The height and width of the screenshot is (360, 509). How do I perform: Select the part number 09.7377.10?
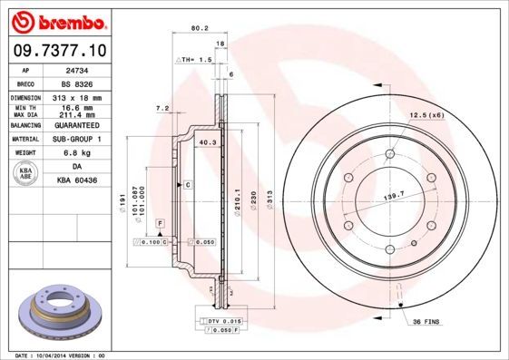[59, 51]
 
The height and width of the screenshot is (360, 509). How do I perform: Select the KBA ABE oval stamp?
[27, 174]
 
